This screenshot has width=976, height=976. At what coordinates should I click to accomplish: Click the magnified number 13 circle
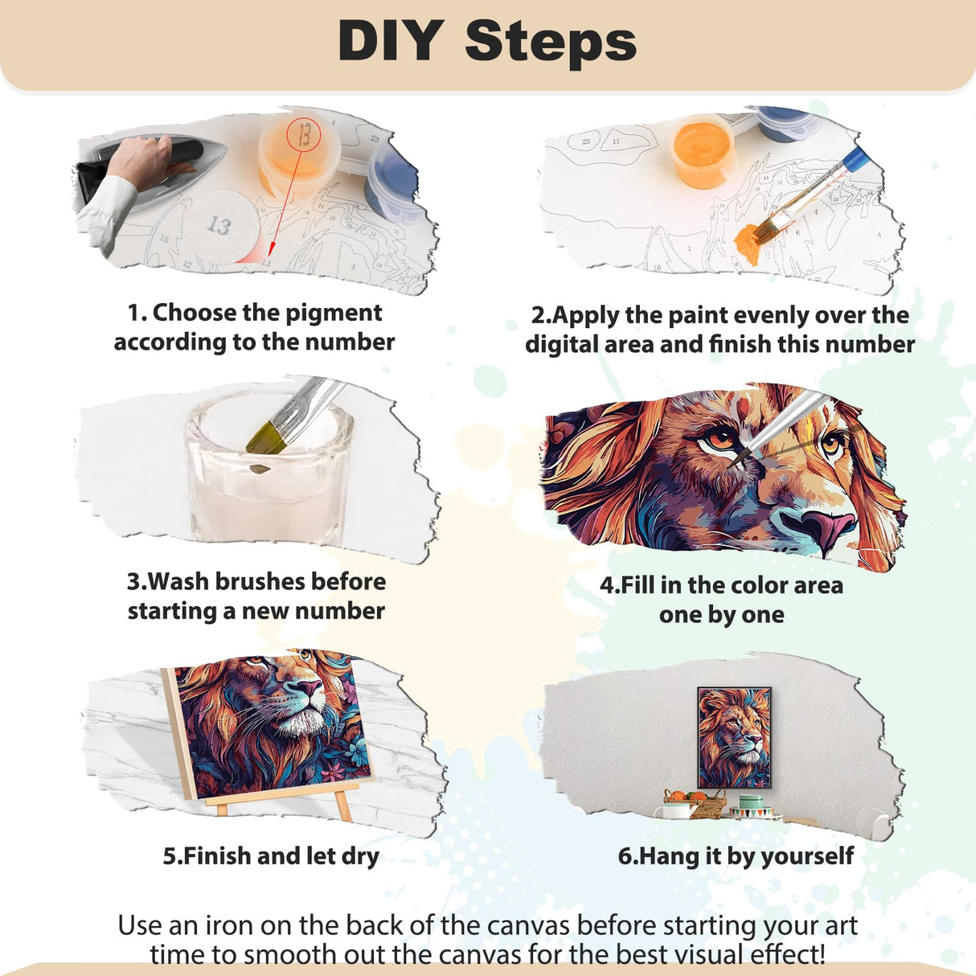tap(218, 226)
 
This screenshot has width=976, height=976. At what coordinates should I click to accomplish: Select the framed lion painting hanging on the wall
tap(733, 737)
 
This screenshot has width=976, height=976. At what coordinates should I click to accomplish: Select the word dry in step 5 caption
tap(359, 856)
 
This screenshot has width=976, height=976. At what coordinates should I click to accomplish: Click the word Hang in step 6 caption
tap(669, 856)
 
